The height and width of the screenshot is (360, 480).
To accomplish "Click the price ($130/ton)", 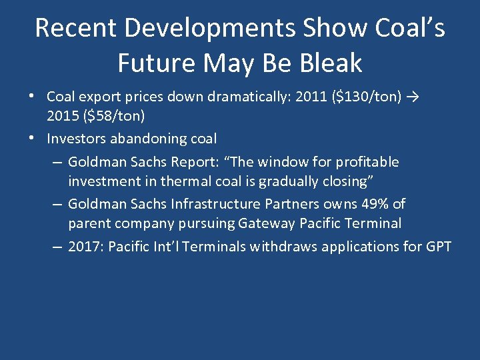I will click(x=367, y=98).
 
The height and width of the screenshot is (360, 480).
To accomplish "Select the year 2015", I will click(x=62, y=115).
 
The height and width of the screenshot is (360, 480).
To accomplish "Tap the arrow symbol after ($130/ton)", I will click(x=414, y=98).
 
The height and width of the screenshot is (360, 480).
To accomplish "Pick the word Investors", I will click(x=75, y=139).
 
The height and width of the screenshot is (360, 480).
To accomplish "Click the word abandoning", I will click(x=147, y=139).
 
